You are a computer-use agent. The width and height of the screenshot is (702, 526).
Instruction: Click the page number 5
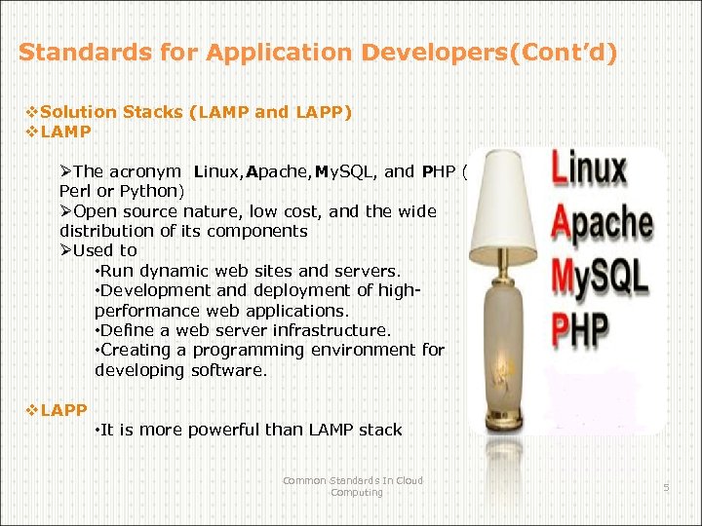(x=667, y=486)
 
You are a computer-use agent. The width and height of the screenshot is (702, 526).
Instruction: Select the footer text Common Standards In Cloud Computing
(x=353, y=486)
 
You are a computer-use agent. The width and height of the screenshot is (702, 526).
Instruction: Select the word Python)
(x=151, y=192)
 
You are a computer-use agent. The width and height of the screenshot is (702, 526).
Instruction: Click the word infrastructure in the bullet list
(x=330, y=330)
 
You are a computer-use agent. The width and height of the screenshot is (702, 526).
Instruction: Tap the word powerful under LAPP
(x=222, y=430)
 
